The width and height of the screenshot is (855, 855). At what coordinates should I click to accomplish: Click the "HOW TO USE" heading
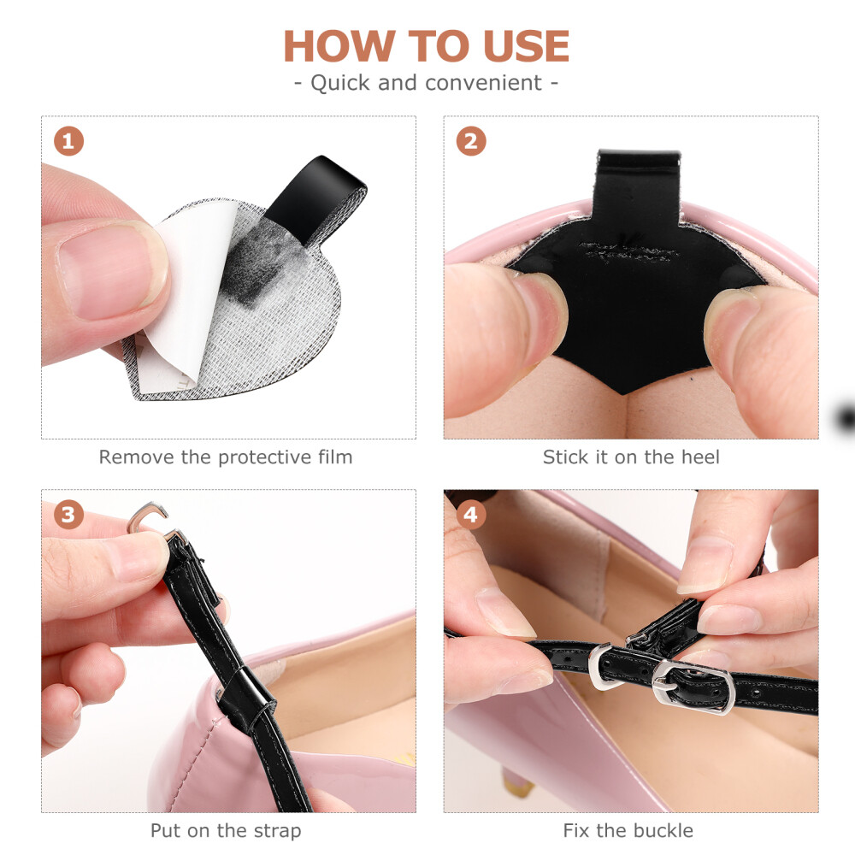tap(427, 46)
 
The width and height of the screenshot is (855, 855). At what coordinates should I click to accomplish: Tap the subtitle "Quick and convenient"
tap(427, 83)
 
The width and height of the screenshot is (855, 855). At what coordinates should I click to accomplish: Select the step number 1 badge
tap(68, 141)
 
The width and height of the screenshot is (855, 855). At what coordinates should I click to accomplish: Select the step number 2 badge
tap(471, 141)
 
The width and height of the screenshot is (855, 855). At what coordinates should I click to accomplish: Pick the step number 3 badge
tap(68, 514)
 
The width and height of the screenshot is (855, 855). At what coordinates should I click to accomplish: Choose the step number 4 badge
tap(471, 514)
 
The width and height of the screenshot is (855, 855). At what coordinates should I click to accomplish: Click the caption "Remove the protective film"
tap(226, 457)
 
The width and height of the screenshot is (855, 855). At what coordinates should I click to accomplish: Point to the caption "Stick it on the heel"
tap(631, 457)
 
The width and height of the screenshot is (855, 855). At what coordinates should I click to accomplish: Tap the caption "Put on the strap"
tap(226, 831)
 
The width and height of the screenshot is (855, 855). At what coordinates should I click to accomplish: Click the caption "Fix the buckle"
tap(628, 830)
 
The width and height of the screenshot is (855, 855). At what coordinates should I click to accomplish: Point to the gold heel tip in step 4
tap(518, 785)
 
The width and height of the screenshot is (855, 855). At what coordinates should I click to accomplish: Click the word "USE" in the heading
tap(526, 46)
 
